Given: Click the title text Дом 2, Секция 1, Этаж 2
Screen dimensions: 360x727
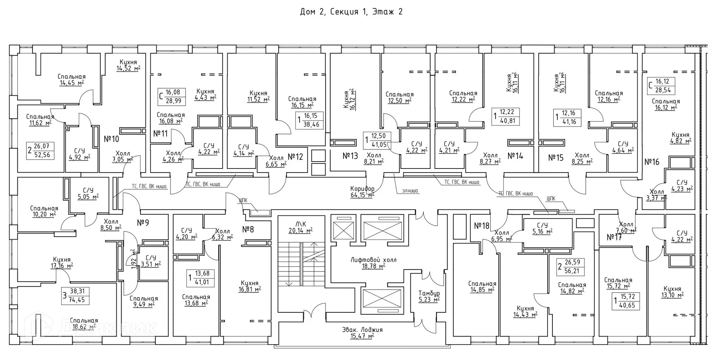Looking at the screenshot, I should (x=351, y=12).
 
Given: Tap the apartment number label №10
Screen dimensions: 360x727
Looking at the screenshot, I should (x=111, y=139).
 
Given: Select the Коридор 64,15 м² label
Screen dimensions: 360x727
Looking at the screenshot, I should (x=362, y=192).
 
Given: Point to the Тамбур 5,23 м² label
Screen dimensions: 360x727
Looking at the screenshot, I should (x=429, y=296).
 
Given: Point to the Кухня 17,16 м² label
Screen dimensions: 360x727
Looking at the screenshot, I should (x=62, y=263).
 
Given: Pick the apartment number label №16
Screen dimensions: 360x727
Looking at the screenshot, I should (x=652, y=162).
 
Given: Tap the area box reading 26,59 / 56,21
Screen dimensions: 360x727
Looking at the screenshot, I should (x=571, y=266).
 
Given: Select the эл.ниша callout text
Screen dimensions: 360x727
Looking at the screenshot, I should (x=410, y=191).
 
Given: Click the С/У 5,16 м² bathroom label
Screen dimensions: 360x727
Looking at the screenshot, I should (x=542, y=228).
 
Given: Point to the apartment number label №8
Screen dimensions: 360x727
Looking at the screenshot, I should (x=248, y=229).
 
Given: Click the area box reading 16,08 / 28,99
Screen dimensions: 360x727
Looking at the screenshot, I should (x=172, y=97).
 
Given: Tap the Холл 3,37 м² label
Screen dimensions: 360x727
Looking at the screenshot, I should (x=656, y=195).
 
